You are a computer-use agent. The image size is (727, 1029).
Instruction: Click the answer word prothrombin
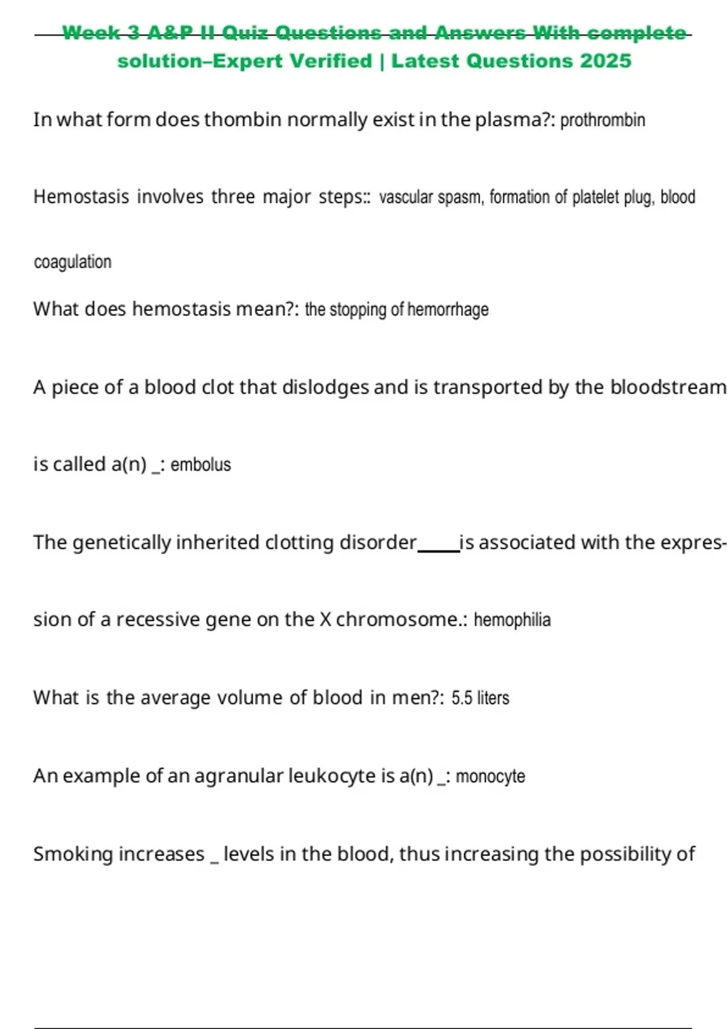[x=602, y=120]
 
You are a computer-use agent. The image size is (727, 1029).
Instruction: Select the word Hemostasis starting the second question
[x=81, y=197]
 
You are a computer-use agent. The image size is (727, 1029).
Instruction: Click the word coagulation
[x=73, y=262]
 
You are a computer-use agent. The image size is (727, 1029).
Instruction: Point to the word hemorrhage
[x=448, y=309]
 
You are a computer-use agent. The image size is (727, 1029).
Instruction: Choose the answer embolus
[x=201, y=465]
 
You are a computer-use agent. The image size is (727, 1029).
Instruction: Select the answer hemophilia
[x=512, y=620]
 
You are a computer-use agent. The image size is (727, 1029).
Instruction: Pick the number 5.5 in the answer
[x=462, y=698]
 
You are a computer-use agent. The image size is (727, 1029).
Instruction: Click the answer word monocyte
[x=490, y=776]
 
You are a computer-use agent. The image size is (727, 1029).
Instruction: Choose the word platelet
[x=596, y=197]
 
